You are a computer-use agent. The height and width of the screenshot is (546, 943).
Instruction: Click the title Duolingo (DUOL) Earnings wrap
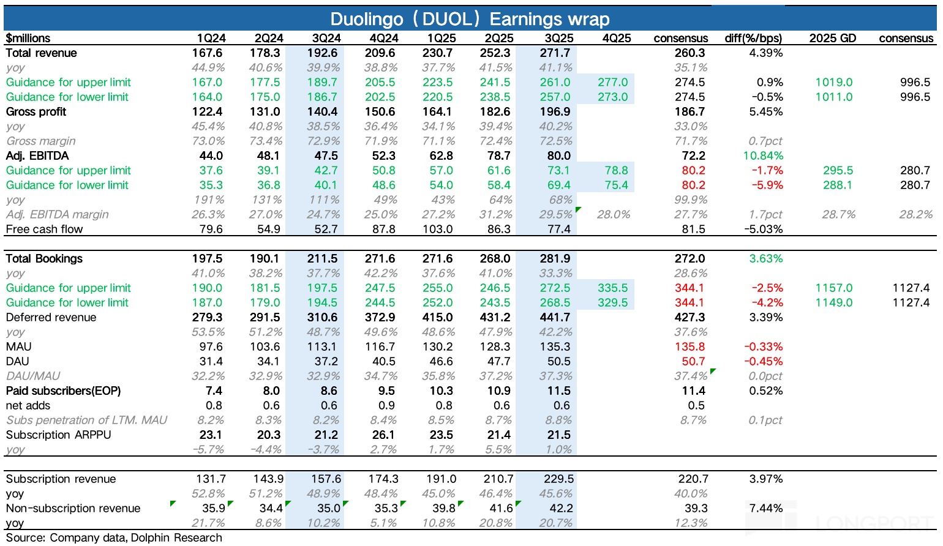(470, 18)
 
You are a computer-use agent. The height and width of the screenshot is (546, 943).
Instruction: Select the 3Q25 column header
(558, 38)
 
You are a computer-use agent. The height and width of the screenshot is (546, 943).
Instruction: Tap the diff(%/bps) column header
(753, 38)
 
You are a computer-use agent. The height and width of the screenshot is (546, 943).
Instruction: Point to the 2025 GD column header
(832, 38)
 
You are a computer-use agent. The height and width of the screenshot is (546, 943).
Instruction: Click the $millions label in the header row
(28, 38)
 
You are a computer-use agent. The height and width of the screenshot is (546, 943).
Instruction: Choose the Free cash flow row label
(44, 229)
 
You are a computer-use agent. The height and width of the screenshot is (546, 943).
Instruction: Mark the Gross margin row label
(40, 141)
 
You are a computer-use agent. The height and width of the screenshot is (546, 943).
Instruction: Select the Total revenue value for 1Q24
(207, 53)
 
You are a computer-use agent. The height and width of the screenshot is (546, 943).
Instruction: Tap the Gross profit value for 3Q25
(555, 111)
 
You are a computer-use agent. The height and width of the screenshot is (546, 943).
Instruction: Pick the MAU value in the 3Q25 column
(556, 346)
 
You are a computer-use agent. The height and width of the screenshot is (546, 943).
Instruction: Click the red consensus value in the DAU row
(693, 361)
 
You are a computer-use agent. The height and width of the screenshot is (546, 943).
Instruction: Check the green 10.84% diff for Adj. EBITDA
(765, 155)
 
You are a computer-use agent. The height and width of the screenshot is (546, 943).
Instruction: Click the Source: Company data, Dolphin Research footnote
(114, 537)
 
